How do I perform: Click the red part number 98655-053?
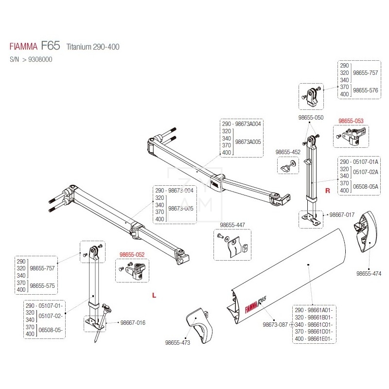[x=351, y=121]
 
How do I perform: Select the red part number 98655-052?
[x=132, y=254]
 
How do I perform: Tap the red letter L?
[x=154, y=295]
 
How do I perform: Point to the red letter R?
[x=328, y=191]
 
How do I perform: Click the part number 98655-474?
[x=369, y=274]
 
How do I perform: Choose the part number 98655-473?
[x=177, y=343]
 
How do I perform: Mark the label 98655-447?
[x=232, y=225]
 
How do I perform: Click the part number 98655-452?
[x=288, y=152]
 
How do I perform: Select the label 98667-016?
[x=133, y=323]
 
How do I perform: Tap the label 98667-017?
[x=342, y=214]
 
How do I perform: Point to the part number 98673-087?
[x=275, y=324]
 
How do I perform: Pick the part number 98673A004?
[x=248, y=124]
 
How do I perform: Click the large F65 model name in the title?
[x=51, y=45]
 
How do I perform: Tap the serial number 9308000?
[x=40, y=59]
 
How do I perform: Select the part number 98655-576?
[x=366, y=90]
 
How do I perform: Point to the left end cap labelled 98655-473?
[x=200, y=325]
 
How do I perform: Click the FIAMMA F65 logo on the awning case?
[x=256, y=305]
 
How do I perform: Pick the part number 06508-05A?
[x=366, y=187]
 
